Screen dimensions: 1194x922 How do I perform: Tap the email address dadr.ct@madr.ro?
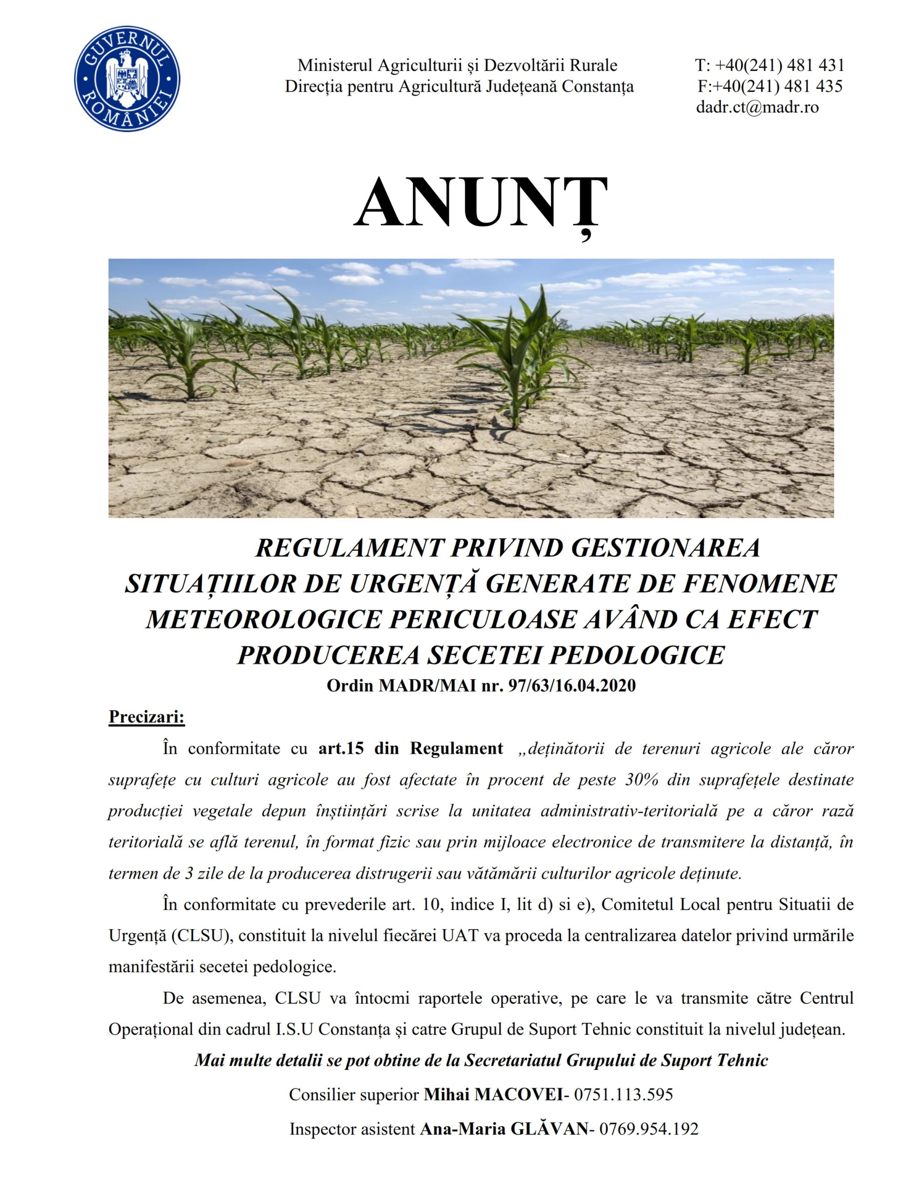pos(757,107)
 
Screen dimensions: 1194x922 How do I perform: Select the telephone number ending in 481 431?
pos(770,66)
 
